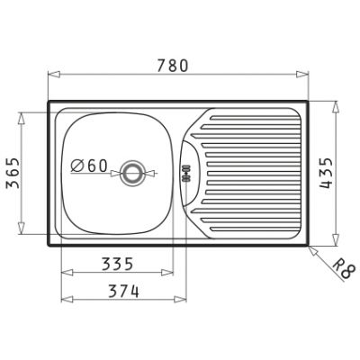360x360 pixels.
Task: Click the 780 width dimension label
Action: pos(173,66)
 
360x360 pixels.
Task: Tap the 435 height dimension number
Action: pos(326,173)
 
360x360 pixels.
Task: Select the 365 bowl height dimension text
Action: pos(13,173)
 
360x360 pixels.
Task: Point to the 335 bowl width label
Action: pos(117,265)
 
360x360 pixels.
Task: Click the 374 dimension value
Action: pos(123,292)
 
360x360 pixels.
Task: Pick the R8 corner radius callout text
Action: pos(344,269)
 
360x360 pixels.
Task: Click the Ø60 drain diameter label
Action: pos(89,166)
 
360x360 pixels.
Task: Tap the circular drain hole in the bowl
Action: pos(131,174)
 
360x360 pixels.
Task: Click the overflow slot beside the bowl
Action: pos(186,174)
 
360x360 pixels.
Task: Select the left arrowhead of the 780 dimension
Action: pos(54,75)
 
